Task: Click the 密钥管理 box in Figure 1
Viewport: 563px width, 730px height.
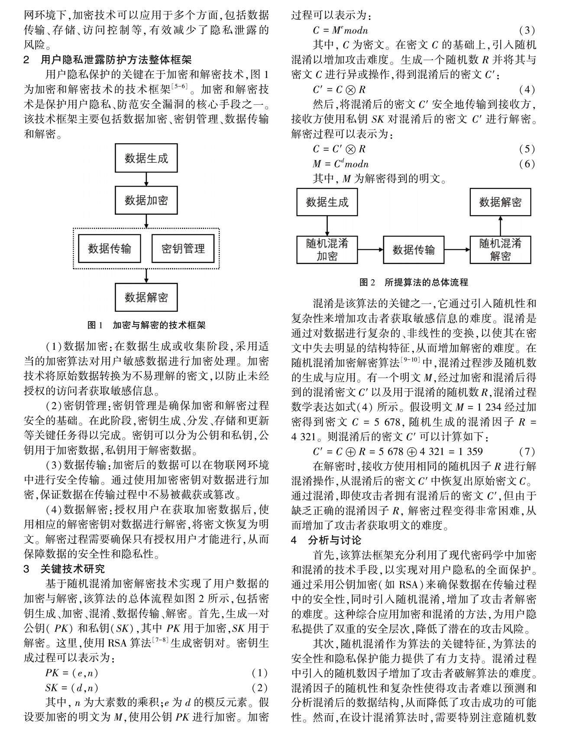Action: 183,249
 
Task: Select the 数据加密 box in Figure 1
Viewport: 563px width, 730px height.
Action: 146,200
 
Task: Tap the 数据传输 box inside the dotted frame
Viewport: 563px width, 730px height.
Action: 110,249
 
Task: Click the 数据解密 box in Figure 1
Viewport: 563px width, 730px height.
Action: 146,297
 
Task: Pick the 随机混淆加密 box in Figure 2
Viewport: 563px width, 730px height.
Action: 327,249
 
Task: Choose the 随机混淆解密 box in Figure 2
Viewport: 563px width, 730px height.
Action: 500,249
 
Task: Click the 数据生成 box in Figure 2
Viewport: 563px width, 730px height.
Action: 327,202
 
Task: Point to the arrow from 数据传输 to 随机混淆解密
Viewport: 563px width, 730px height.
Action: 457,249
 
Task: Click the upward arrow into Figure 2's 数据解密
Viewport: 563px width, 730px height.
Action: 500,226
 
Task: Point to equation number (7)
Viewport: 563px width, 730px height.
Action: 527,452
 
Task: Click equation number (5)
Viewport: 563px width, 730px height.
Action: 527,149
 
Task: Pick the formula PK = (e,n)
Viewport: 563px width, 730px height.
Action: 71,673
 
